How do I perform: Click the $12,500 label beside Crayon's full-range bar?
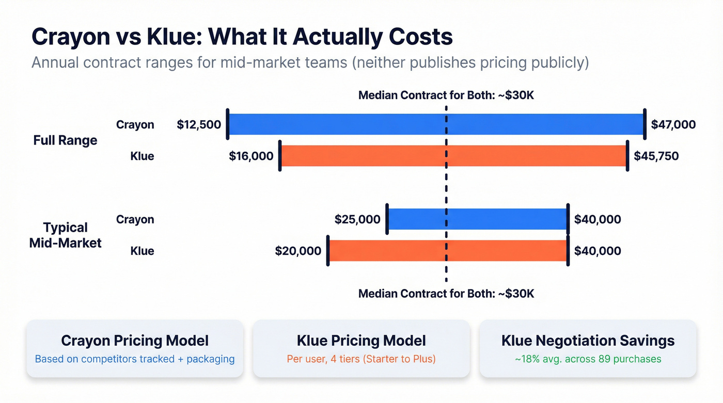tap(199, 125)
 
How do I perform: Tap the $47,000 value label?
tap(673, 125)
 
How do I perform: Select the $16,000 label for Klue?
tap(251, 156)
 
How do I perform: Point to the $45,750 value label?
tap(656, 156)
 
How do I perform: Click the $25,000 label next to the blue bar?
tap(357, 220)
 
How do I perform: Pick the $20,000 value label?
tap(298, 251)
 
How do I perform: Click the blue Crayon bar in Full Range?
tap(336, 124)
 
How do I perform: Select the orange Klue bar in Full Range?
tap(361, 156)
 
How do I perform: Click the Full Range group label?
tap(65, 140)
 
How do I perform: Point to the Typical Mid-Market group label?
tap(66, 235)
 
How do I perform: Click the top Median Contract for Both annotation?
tap(446, 95)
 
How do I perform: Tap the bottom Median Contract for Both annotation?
tap(446, 294)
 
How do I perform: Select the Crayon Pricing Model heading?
tap(135, 341)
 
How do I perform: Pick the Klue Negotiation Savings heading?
tap(588, 341)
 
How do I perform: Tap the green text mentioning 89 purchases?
tap(588, 359)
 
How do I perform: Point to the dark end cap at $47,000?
tap(645, 124)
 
